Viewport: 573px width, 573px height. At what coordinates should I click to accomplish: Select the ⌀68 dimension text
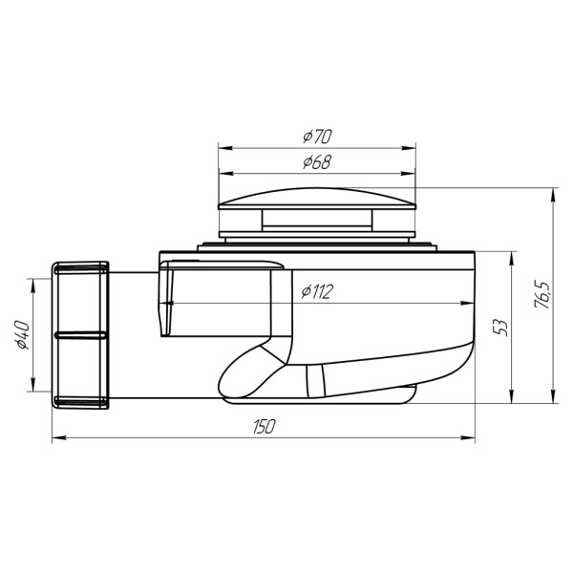click(318, 163)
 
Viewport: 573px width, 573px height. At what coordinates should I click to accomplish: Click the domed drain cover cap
click(318, 199)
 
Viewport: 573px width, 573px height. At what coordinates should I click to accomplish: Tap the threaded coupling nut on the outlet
click(81, 334)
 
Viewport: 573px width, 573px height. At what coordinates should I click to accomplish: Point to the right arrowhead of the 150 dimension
click(472, 439)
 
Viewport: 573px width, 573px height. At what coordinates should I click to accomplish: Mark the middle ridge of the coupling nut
click(81, 335)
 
